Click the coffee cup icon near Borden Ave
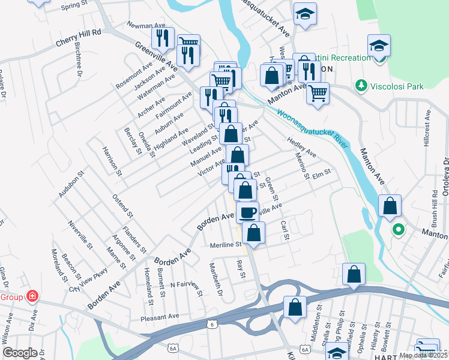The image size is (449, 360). (247, 212)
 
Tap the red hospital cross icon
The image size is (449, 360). (31, 296)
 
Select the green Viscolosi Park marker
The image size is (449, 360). (361, 86)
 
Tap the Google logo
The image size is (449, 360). (20, 352)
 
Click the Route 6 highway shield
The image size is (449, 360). (211, 325)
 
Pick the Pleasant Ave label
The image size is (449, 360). (160, 316)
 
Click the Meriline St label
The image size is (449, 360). (225, 245)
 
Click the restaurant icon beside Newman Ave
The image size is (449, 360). (163, 38)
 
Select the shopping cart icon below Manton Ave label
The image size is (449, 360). (318, 92)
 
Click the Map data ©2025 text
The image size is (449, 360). (423, 355)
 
